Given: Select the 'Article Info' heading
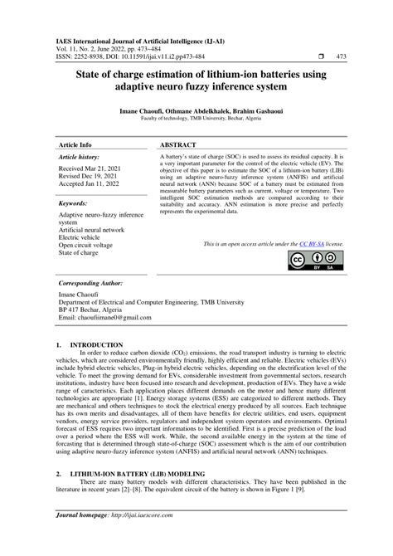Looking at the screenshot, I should (x=75, y=144).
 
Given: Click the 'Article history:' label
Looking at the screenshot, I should (x=78, y=157).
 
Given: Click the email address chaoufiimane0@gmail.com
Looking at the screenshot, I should (x=101, y=319).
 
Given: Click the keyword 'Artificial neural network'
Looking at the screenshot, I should (x=91, y=230).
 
